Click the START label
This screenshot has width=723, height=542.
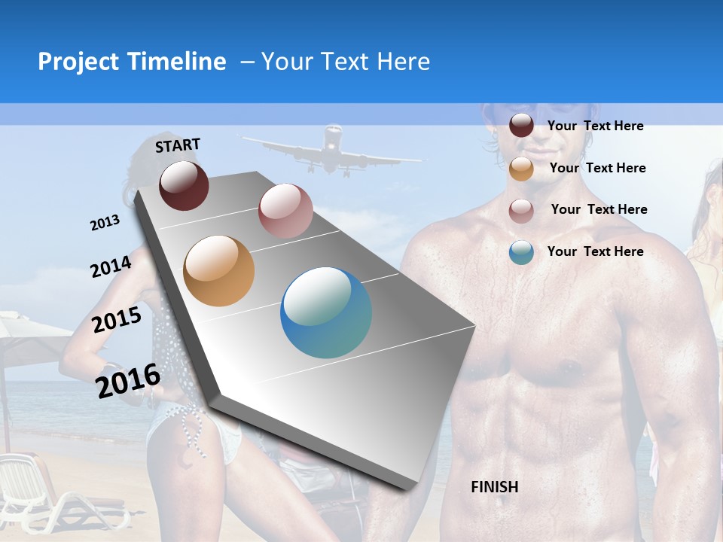pos(178,145)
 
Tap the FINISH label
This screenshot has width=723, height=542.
pos(495,487)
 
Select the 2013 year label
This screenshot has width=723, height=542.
pos(105,223)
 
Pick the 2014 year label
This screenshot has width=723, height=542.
pos(111,266)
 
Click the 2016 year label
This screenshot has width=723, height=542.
pos(128,380)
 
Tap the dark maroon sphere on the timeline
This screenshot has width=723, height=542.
pos(184,185)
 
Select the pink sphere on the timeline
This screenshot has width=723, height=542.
pos(285,211)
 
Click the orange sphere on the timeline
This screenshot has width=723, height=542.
pos(219,271)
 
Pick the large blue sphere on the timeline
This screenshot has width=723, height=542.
pos(326,313)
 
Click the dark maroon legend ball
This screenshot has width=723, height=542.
pos(521,126)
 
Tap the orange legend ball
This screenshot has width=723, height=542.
pos(521,169)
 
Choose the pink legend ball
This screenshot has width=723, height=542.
pos(521,211)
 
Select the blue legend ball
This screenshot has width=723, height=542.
pos(521,252)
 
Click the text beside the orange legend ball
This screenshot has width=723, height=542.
pos(597,168)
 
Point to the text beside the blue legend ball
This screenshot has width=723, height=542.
pos(595,251)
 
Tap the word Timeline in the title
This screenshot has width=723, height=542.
pos(178,62)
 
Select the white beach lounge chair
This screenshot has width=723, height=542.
pos(45,489)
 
